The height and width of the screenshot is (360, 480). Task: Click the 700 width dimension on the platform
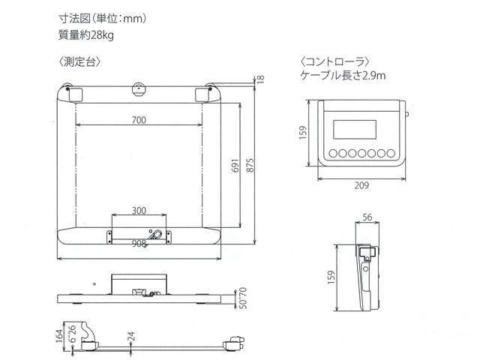coord(139,120)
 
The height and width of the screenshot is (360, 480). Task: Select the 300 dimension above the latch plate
coord(139,209)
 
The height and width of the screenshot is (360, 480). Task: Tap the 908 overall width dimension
coord(139,244)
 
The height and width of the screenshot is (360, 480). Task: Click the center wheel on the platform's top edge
coord(139,89)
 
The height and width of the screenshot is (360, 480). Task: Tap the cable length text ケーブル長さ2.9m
coord(343,75)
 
